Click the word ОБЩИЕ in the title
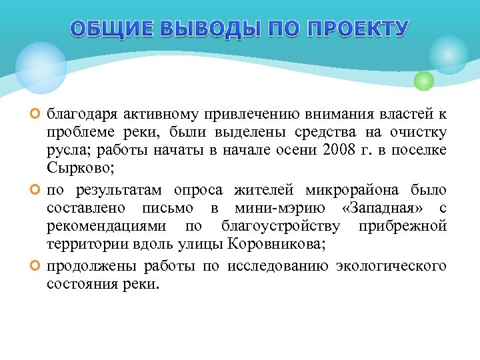(109, 29)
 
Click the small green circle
(423, 81)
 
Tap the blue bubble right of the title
(448, 55)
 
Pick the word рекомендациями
(102, 227)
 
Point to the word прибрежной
(402, 227)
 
